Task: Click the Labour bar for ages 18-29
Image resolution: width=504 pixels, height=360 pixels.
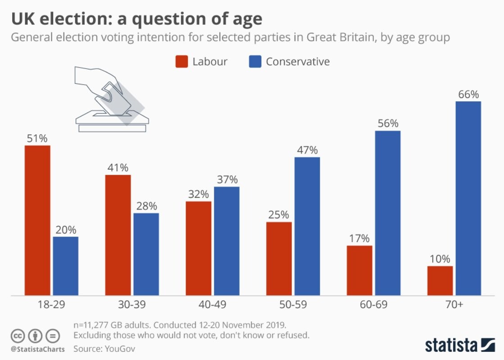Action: point(37,220)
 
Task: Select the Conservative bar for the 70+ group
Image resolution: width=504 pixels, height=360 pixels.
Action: point(468,198)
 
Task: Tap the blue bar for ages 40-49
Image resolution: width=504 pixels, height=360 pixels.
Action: point(227,241)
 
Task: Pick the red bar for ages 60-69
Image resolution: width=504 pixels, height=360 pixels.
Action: point(359,270)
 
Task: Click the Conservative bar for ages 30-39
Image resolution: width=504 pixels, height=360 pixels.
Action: point(146,254)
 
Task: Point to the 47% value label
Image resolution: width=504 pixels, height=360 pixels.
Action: point(307,150)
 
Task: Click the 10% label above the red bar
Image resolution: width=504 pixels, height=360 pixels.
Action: point(440,259)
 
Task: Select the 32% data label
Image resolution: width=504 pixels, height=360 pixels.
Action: point(199,195)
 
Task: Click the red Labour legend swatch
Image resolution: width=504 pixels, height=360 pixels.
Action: point(182,62)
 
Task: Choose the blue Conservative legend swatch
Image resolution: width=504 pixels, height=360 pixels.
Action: point(255,62)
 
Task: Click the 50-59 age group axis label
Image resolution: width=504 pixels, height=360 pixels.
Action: point(293,305)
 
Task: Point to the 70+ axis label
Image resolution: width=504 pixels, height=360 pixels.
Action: point(454,305)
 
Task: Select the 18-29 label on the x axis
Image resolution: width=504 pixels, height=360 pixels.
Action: point(51,305)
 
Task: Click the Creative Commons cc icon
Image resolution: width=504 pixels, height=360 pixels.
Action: point(17,336)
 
